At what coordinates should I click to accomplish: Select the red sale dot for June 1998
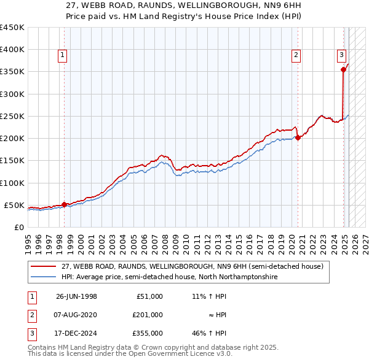tap(65, 204)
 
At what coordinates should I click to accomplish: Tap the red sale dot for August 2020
tap(298, 137)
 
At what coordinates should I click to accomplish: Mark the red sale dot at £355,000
tap(343, 69)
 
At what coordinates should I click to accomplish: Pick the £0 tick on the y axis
tap(18, 227)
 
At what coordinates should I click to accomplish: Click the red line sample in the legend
tap(42, 266)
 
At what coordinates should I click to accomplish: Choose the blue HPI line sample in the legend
tap(42, 277)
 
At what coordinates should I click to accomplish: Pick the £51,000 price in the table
tap(149, 296)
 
